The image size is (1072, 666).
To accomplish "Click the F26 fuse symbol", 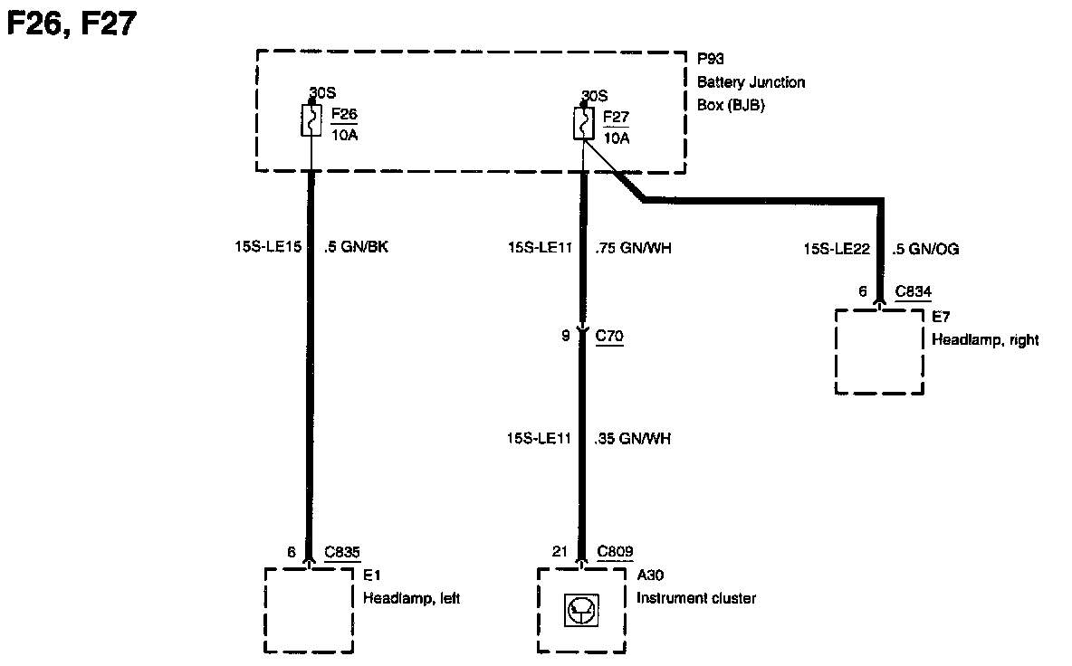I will pyautogui.click(x=311, y=121).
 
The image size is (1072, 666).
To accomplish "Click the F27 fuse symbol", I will pyautogui.click(x=583, y=124).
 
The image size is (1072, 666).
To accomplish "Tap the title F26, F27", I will pyautogui.click(x=72, y=24).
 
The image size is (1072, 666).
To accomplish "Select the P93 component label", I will pyautogui.click(x=711, y=60).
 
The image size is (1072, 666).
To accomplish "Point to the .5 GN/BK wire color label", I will pyautogui.click(x=356, y=245).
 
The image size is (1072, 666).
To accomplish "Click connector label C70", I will pyautogui.click(x=609, y=336).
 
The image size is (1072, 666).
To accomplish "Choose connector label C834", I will pyautogui.click(x=913, y=291).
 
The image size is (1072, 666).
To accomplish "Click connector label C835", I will pyautogui.click(x=343, y=551).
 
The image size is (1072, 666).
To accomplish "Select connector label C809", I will pyautogui.click(x=616, y=551).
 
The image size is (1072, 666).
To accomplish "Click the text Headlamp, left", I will pyautogui.click(x=411, y=598).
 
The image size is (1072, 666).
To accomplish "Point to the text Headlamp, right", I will pyautogui.click(x=985, y=340).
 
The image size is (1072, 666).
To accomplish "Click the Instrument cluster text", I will pyautogui.click(x=695, y=598).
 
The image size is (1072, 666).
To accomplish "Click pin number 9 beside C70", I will pyautogui.click(x=566, y=336).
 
